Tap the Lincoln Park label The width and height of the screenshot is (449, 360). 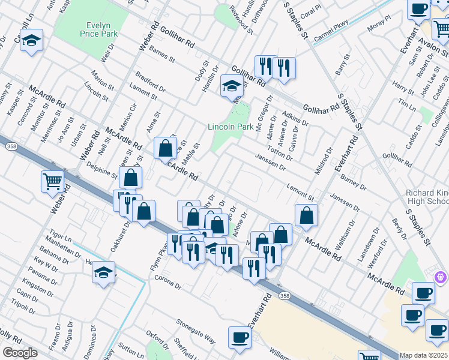(x=231, y=127)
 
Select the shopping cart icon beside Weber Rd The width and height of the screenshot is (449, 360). (x=53, y=181)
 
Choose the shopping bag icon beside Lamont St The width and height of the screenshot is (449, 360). (x=306, y=217)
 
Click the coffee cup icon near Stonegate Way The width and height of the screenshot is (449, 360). (x=240, y=337)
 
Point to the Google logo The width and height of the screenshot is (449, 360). (x=20, y=353)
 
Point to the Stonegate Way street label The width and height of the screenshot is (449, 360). (x=196, y=331)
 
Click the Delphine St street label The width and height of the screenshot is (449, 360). (x=101, y=170)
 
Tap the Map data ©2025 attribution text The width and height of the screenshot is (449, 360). (x=423, y=355)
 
